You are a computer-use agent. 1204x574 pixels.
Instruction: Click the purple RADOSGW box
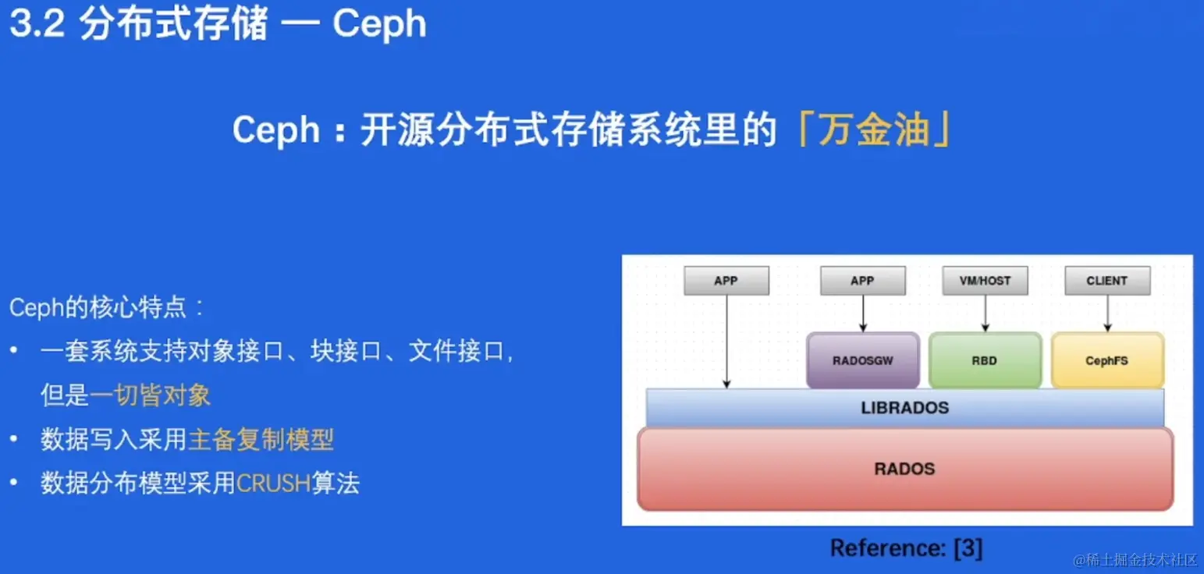click(x=862, y=360)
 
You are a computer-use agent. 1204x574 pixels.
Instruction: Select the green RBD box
click(x=985, y=360)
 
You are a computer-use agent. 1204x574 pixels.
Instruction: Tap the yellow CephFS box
click(x=1106, y=360)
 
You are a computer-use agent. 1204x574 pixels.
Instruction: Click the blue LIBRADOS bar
click(x=904, y=408)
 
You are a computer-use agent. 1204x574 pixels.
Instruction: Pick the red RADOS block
click(x=904, y=469)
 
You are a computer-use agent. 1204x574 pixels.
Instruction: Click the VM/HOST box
click(x=985, y=281)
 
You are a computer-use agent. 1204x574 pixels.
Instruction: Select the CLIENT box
click(x=1106, y=281)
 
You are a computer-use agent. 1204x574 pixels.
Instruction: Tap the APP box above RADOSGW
click(x=862, y=281)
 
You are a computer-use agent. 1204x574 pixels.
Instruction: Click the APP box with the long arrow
click(x=726, y=281)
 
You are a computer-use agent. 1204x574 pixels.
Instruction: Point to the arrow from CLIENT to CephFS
click(x=1106, y=314)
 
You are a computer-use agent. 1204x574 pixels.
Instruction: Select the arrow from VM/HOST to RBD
click(x=985, y=314)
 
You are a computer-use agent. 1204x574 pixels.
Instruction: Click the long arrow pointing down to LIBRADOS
click(x=726, y=343)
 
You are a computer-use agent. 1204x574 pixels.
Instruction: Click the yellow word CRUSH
click(x=273, y=484)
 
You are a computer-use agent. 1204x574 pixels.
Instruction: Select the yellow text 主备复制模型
click(x=261, y=440)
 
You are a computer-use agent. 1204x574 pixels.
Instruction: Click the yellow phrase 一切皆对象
click(x=150, y=395)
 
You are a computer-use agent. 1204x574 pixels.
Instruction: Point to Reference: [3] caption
click(x=906, y=548)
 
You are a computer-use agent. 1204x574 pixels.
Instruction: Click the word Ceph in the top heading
click(x=379, y=23)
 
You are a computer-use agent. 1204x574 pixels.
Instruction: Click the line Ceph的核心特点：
click(x=107, y=307)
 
